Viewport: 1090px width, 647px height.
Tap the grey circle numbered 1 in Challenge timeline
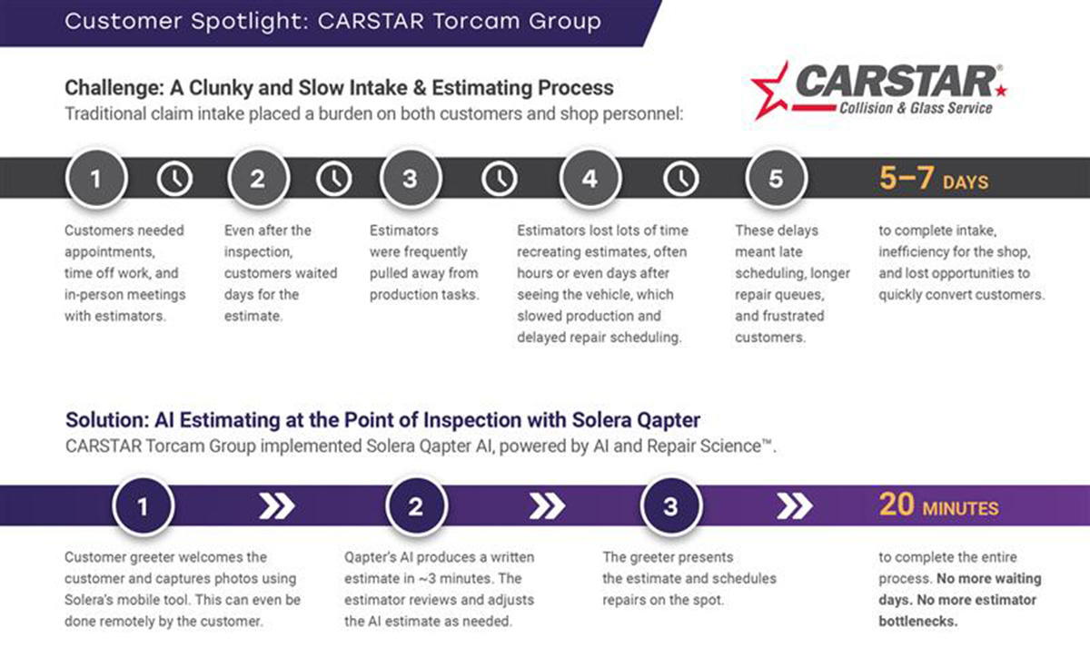(96, 179)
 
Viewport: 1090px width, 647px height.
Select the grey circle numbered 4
(590, 179)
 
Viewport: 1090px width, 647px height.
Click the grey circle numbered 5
(776, 179)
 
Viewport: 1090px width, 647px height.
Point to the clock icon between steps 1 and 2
(174, 179)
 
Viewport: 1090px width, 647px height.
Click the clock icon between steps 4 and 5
(680, 179)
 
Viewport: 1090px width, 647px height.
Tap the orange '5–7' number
(907, 178)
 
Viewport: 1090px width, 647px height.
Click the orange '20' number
(897, 505)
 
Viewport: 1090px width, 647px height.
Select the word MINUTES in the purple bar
(961, 509)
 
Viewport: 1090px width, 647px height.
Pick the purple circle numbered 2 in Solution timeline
(416, 506)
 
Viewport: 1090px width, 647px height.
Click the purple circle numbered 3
(671, 506)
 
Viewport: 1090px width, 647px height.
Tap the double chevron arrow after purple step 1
(277, 506)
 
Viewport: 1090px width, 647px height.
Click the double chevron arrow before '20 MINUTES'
(794, 506)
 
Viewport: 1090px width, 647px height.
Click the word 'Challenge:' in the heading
(114, 88)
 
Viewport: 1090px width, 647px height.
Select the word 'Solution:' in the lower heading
(107, 420)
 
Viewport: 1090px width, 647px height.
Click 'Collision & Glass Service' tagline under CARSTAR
(916, 108)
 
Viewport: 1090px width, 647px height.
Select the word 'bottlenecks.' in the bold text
(918, 622)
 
